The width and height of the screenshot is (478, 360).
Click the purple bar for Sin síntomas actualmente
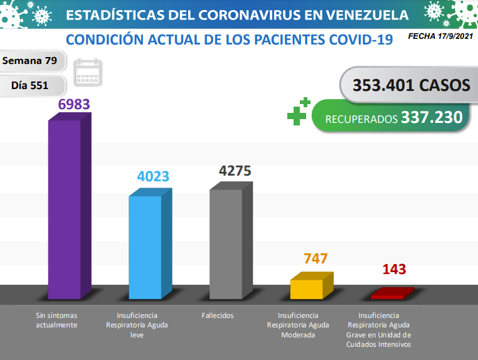[x=65, y=208]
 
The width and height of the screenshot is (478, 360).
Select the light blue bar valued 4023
[x=146, y=247]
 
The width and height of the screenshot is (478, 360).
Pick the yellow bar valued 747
[x=307, y=289]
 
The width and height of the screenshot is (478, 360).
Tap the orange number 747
[x=316, y=259]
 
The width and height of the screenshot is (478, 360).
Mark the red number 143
[x=394, y=270]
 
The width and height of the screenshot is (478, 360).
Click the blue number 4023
[x=153, y=176]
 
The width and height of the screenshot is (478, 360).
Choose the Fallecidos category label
[x=218, y=315]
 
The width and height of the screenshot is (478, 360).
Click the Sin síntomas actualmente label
[x=56, y=320]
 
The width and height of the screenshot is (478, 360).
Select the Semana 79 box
[x=30, y=61]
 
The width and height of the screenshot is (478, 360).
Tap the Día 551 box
[x=30, y=85]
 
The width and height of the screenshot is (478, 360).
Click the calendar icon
[x=88, y=72]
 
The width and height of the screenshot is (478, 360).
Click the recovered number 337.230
[x=432, y=117]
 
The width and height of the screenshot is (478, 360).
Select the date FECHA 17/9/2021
[x=439, y=37]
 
